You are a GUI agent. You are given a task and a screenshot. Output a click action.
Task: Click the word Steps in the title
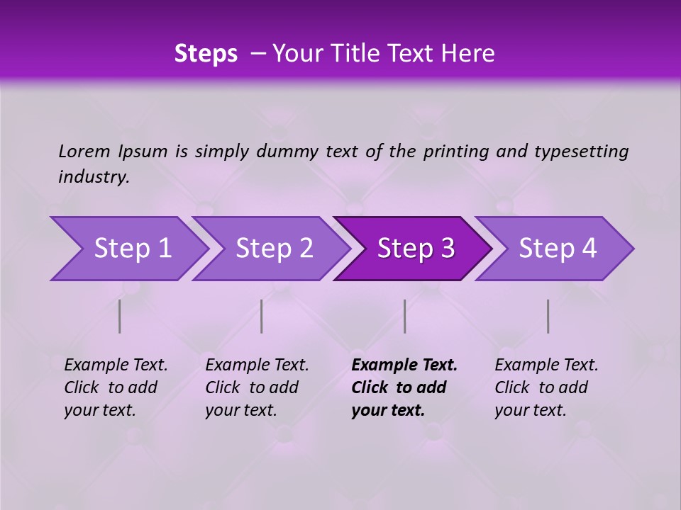click(206, 54)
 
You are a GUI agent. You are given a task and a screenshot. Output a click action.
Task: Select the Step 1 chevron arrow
click(128, 249)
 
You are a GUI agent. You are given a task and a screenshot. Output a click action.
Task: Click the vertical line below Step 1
click(120, 316)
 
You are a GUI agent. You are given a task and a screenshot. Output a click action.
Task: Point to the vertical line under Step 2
click(262, 316)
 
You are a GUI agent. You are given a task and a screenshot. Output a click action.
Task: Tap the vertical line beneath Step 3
click(404, 316)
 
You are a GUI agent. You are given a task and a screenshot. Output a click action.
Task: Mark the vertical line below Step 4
click(548, 316)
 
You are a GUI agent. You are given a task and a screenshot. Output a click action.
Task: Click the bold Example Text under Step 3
click(404, 365)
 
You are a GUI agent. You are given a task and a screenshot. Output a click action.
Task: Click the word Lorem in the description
click(84, 151)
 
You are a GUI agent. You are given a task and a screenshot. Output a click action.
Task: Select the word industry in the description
click(93, 176)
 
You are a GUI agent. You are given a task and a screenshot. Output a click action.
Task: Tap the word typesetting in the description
click(581, 151)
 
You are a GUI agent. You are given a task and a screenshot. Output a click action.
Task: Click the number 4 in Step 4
click(589, 249)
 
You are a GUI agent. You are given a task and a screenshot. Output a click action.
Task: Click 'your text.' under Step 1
click(99, 410)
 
